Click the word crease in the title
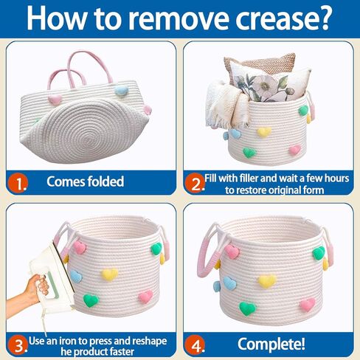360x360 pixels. pyautogui.click(x=283, y=18)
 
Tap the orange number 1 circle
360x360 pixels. pyautogui.click(x=18, y=183)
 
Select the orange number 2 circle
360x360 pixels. pyautogui.click(x=194, y=183)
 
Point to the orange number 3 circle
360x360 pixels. pyautogui.click(x=18, y=345)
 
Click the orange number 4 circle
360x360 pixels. pyautogui.click(x=195, y=345)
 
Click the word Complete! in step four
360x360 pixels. pyautogui.click(x=271, y=344)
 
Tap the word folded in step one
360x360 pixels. pyautogui.click(x=105, y=181)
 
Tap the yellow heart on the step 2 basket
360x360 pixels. pyautogui.click(x=264, y=132)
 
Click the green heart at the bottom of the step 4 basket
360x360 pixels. pyautogui.click(x=247, y=308)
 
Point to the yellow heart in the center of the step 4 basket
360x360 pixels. pyautogui.click(x=267, y=281)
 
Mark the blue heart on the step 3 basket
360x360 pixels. pyautogui.click(x=76, y=276)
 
